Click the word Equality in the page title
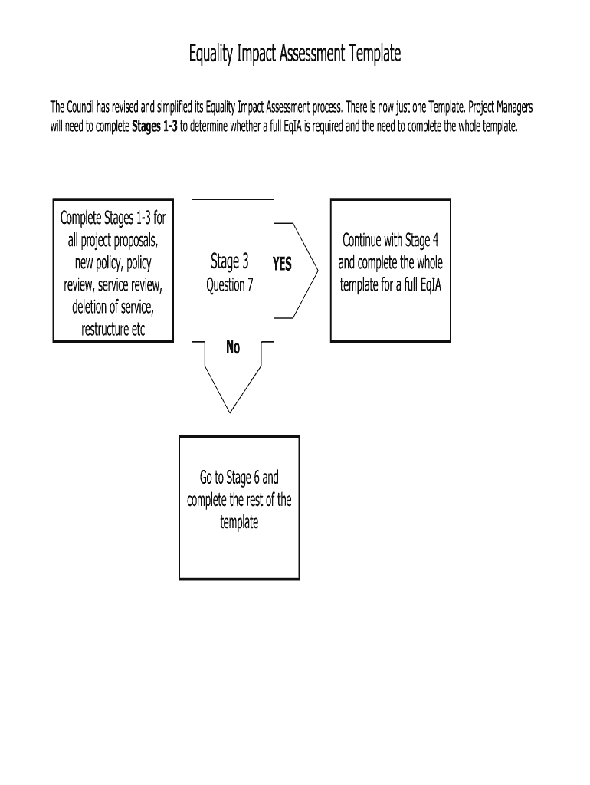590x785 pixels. tap(213, 54)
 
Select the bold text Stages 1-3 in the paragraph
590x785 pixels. tap(155, 126)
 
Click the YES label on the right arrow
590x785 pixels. tap(282, 264)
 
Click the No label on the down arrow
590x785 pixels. tap(233, 348)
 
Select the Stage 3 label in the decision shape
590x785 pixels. tap(230, 262)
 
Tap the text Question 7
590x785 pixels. tap(230, 285)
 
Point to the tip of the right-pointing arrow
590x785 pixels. tap(317, 265)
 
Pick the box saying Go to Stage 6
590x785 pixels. tap(239, 507)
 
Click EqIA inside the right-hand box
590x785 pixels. tap(434, 285)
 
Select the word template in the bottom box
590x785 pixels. tap(239, 523)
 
